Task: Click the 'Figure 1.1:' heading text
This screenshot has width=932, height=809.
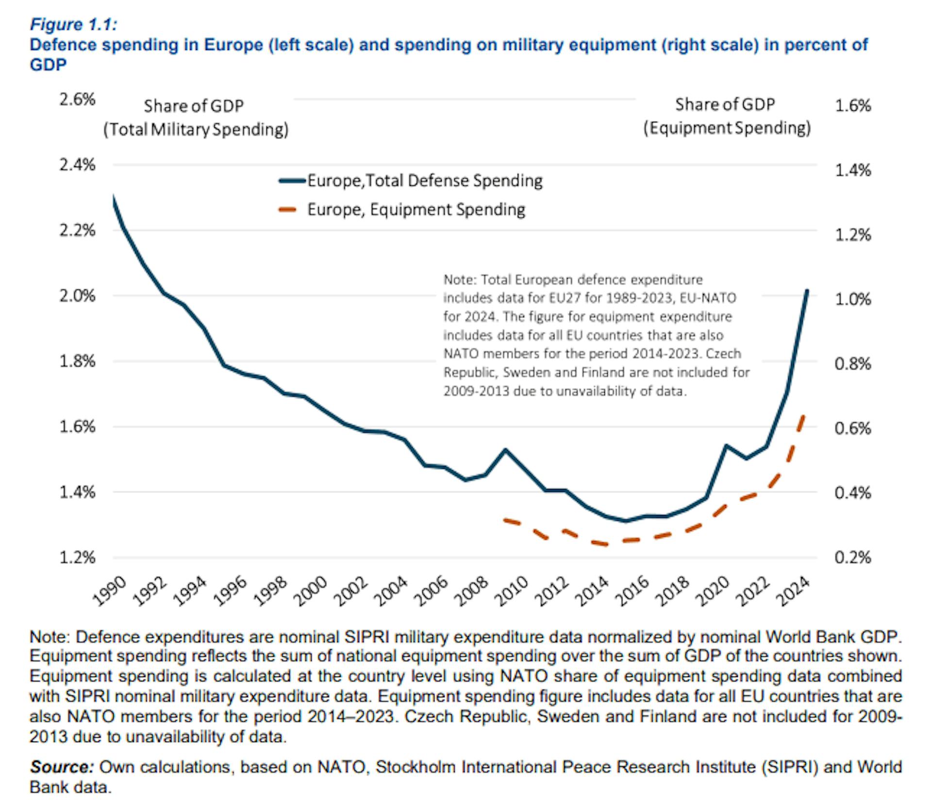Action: [x=73, y=24]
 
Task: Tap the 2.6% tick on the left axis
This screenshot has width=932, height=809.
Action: [x=77, y=99]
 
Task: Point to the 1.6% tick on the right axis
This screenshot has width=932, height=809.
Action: [x=853, y=105]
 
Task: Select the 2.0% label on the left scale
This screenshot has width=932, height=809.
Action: [x=77, y=296]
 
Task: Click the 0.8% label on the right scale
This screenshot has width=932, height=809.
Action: [x=853, y=363]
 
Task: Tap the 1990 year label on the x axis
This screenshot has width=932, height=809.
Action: [x=110, y=591]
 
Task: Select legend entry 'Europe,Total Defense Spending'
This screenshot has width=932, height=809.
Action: [x=425, y=181]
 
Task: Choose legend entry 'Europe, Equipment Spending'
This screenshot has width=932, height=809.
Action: [x=416, y=210]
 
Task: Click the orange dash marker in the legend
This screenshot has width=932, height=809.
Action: [x=288, y=210]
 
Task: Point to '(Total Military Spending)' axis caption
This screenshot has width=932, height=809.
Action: [x=196, y=130]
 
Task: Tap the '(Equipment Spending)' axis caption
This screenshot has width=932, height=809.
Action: [x=727, y=128]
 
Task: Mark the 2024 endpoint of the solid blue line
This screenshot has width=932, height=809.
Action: [x=807, y=291]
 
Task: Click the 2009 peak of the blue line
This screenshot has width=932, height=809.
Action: [x=505, y=450]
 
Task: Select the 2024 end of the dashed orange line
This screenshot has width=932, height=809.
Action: [x=803, y=416]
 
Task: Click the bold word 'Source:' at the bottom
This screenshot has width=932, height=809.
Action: [x=62, y=767]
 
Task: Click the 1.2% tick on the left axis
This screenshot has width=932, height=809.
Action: [x=77, y=558]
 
